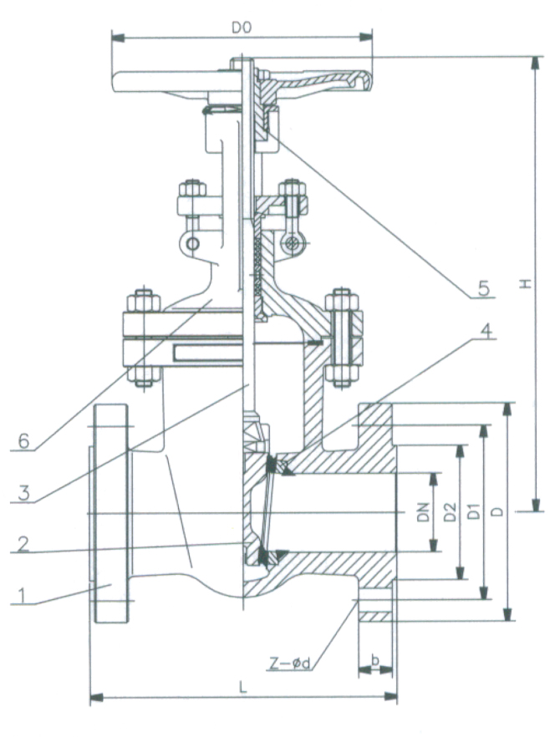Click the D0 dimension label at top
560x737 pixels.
click(x=242, y=28)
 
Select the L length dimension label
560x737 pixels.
click(x=242, y=686)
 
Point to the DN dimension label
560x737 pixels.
click(x=424, y=513)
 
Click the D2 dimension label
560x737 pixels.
click(x=449, y=513)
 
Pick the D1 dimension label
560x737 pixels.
click(x=473, y=513)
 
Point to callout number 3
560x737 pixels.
click(x=23, y=493)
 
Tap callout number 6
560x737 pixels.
click(x=23, y=441)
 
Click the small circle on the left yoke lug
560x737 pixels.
click(x=193, y=243)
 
